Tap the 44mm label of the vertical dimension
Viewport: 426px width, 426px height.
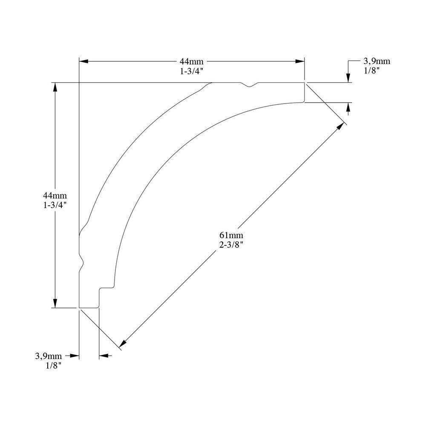[x=55, y=196]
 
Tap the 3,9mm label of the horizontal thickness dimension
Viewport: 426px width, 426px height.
[x=49, y=356]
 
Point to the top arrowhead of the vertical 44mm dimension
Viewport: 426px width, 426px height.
[x=55, y=86]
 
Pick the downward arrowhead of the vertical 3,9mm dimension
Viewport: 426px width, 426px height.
[x=348, y=78]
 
